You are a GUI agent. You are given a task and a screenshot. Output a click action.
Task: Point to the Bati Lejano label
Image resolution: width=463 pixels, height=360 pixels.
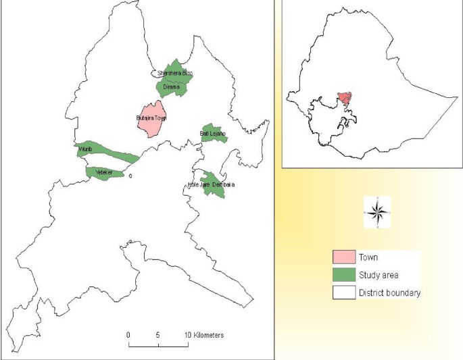213,134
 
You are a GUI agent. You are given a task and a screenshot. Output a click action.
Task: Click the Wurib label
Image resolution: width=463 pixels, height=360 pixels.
84,149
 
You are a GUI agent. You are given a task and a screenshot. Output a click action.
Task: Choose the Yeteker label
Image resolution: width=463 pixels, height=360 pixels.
103,173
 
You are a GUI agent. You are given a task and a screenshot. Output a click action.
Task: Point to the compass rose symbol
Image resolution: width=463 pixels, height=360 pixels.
379,212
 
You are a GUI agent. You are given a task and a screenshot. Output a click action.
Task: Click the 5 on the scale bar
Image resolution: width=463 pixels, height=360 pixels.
158,335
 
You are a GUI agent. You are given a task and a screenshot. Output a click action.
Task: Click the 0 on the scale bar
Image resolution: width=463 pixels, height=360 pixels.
128,335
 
